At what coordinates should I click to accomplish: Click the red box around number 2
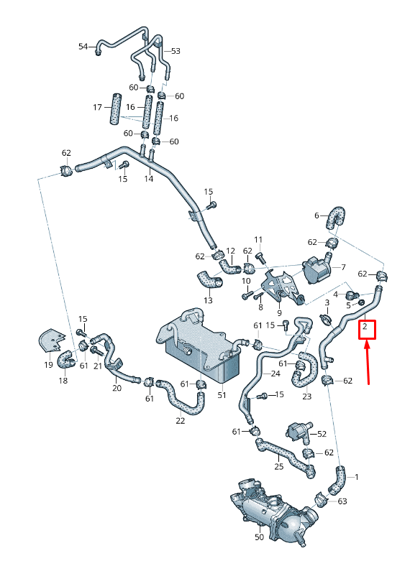pos(367,329)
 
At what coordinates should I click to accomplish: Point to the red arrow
pos(368,363)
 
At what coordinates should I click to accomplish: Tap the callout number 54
pos(83,47)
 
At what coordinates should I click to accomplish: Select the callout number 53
pos(176,51)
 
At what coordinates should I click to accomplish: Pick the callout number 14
pos(149,178)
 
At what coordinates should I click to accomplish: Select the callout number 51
pos(222,395)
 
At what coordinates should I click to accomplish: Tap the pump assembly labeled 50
pos(270,514)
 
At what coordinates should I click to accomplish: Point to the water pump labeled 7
pos(314,272)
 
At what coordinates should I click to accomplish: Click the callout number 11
pos(258,238)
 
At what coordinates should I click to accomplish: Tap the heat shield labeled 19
pos(54,340)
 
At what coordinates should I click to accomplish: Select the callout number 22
pos(180,421)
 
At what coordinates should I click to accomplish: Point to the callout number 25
pos(278,468)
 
